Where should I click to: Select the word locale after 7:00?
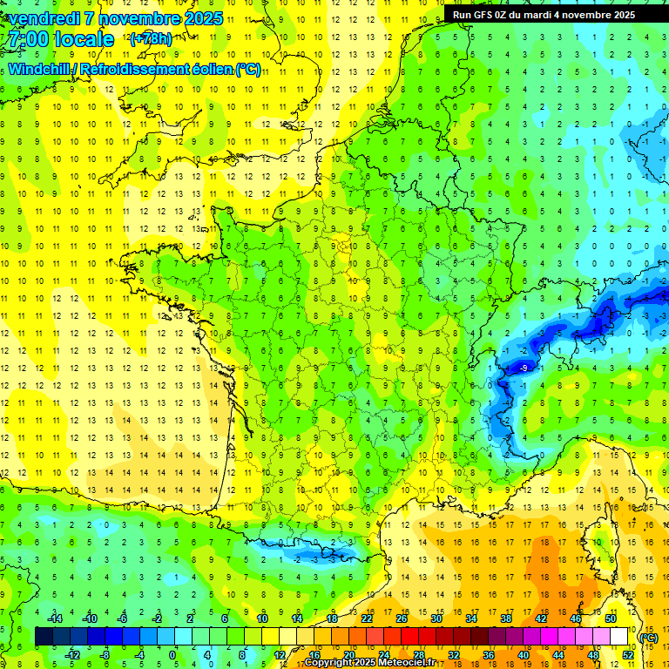pos(82,39)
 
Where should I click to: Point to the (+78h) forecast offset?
pos(151,39)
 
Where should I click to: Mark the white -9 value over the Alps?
pos(523,368)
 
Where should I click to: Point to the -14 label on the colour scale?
pos(54,618)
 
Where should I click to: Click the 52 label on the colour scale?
pos(628,654)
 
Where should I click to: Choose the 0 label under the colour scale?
pos(172,654)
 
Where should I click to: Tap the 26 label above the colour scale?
pos(402,618)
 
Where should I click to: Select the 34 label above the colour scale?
pos(471,618)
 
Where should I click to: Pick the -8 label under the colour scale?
pos(105,654)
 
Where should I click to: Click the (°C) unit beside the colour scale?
pos(648,638)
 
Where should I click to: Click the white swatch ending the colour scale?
pos(619,637)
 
